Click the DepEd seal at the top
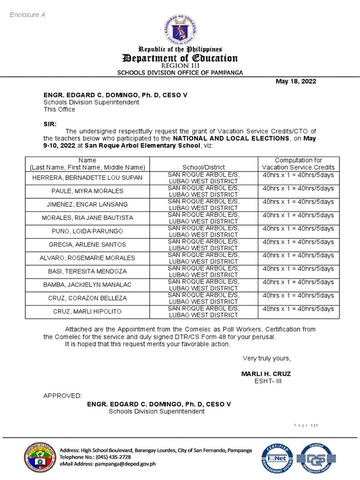coord(180,30)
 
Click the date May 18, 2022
coord(295,82)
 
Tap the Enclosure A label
coord(28,15)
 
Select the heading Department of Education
coord(180,58)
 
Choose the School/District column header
coord(203,167)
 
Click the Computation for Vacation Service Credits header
coord(298,164)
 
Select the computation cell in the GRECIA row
coord(298,242)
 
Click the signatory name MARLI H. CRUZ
coord(266,374)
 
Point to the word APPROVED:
coord(62,396)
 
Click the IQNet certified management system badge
coord(277,458)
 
